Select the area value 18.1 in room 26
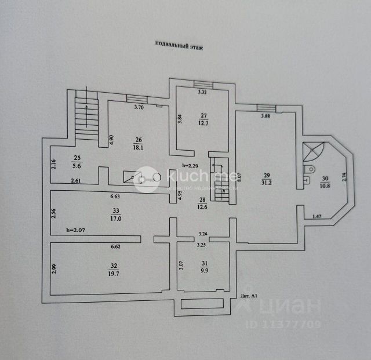point(139,147)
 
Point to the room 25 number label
point(77,158)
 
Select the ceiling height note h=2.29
point(190,166)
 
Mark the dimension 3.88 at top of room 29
point(265,116)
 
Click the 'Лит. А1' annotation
point(249,295)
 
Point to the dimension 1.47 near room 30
point(317,216)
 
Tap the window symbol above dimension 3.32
point(203,85)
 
